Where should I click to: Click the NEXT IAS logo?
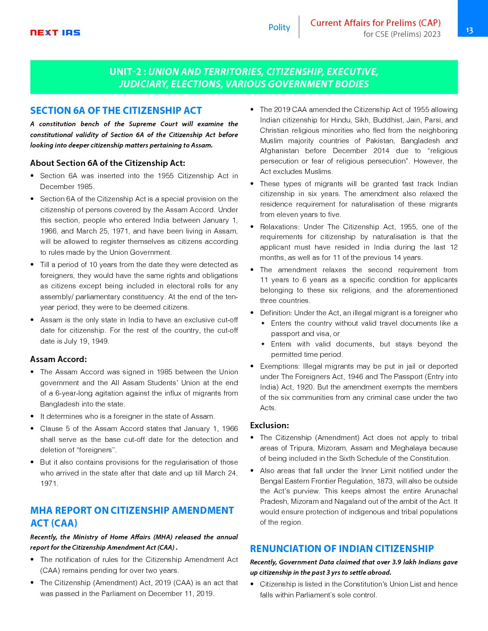click(x=55, y=33)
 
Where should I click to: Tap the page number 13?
click(x=469, y=30)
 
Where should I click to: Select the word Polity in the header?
click(x=279, y=27)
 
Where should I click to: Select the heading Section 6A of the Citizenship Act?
click(x=116, y=111)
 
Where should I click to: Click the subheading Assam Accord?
click(x=59, y=359)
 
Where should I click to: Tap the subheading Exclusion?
click(x=269, y=425)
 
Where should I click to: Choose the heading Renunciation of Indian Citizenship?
click(x=342, y=549)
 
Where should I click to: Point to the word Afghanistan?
click(x=279, y=151)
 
